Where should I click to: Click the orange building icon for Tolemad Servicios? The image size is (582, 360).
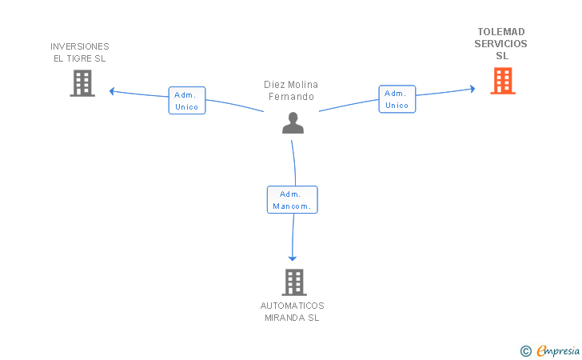(503, 81)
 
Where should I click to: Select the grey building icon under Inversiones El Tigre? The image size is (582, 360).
(82, 83)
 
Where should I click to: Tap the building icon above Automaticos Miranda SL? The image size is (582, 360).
(294, 282)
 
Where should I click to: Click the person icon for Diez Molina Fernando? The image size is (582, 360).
(293, 123)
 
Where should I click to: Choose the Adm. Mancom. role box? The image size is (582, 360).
(293, 200)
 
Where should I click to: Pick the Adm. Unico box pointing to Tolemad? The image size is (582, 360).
(397, 99)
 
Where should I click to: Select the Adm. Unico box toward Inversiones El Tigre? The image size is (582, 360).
(187, 101)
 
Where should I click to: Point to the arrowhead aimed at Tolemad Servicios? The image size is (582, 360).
(473, 89)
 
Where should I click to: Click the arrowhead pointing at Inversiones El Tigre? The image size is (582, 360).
(112, 91)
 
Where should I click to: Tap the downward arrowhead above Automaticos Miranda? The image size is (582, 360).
(293, 258)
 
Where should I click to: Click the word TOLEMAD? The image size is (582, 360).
(501, 32)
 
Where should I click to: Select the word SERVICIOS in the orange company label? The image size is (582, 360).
(500, 44)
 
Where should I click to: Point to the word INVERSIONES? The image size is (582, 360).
(80, 46)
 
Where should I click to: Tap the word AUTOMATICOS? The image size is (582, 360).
(293, 306)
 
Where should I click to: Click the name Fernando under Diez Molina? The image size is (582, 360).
(291, 97)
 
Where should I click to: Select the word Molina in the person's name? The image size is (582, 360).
(302, 85)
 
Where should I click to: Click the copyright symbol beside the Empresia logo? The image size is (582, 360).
(526, 351)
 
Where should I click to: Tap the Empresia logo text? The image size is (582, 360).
(558, 350)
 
